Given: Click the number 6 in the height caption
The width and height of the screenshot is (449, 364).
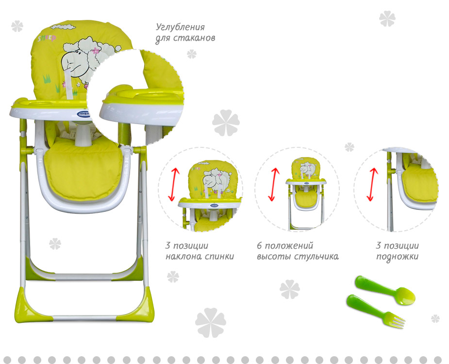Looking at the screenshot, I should (x=259, y=246).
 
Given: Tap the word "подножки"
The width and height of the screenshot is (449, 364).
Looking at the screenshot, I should (x=397, y=256).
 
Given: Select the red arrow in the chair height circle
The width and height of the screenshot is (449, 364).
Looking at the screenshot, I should (x=273, y=185).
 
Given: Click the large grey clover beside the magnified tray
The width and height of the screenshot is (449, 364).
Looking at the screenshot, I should (x=226, y=123).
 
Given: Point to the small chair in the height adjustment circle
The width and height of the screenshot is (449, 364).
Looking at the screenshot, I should (x=305, y=191).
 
